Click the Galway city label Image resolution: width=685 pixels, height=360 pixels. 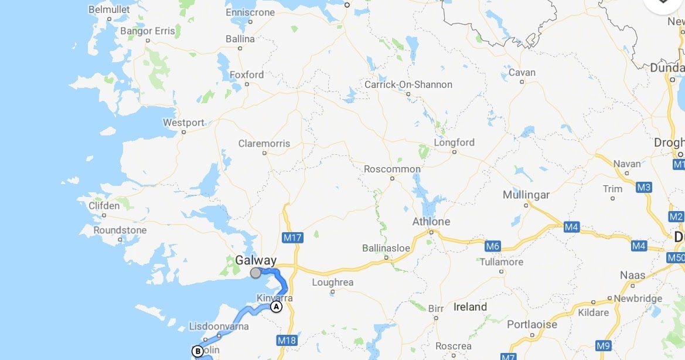[255, 260]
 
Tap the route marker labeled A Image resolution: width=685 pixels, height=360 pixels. [276, 307]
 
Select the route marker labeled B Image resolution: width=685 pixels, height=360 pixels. [198, 351]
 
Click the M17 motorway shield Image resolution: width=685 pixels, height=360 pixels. [292, 237]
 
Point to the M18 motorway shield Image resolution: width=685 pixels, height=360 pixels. [287, 340]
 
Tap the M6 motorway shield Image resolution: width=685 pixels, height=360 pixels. [493, 246]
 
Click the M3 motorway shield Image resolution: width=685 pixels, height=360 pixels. [644, 187]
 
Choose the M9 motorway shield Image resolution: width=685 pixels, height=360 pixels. [604, 345]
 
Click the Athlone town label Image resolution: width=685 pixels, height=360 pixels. [431, 222]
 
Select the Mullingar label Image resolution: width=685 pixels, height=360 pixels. [526, 195]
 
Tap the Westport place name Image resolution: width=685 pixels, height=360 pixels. [184, 123]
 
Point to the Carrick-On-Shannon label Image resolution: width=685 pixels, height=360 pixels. [408, 84]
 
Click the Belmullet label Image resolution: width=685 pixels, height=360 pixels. [108, 9]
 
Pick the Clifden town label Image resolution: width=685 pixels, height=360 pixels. [104, 206]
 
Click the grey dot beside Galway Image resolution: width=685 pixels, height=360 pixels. [255, 273]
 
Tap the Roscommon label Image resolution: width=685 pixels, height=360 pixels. [392, 169]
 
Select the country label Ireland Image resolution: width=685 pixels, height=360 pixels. [470, 307]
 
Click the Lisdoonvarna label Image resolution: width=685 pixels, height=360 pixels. [219, 326]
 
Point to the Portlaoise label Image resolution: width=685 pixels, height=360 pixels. [532, 324]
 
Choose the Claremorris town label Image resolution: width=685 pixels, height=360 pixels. [264, 144]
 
